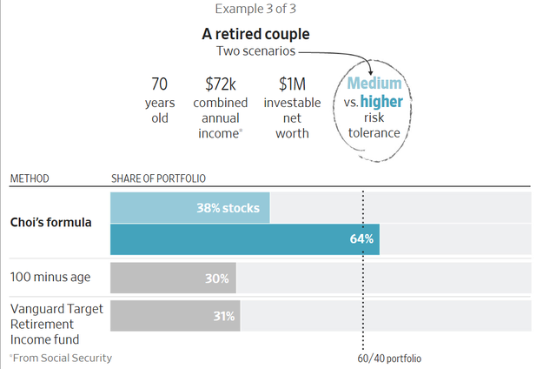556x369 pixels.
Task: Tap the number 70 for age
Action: tap(159, 84)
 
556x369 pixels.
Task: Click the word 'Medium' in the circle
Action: tap(374, 84)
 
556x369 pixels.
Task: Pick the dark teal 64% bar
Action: tap(244, 238)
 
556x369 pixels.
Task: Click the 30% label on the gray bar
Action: tap(217, 278)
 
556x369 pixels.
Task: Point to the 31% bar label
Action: tap(223, 316)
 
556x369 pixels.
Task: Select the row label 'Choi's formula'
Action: tap(50, 223)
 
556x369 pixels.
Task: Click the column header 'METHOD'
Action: tap(30, 178)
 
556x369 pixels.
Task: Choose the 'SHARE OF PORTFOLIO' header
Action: tap(158, 178)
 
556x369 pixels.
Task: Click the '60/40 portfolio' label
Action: tap(389, 358)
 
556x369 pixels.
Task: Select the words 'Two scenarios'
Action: tap(255, 51)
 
